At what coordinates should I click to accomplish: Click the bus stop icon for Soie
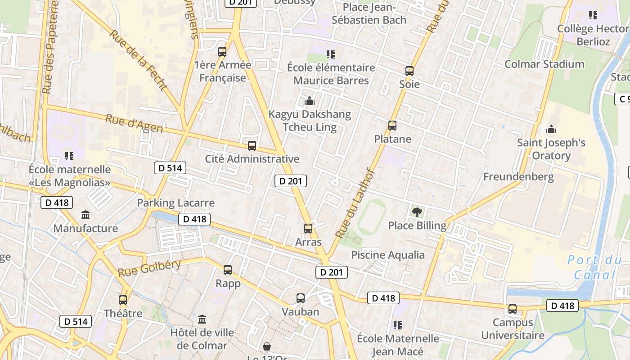pos(409,71)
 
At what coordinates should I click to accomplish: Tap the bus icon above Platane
pos(392,126)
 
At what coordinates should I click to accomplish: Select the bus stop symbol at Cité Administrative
pos(252,146)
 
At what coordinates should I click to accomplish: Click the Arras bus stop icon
pos(308,229)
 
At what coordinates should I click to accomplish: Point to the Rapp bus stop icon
pos(228,270)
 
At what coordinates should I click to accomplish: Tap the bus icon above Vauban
pos(301,298)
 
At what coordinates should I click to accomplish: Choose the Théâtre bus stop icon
pos(123,300)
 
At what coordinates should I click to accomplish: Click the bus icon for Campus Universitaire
pos(513,309)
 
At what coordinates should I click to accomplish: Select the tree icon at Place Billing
pos(417,211)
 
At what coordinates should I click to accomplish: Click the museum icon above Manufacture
pos(85,215)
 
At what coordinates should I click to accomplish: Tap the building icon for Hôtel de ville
pos(202,319)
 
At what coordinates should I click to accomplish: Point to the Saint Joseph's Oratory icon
pos(551,130)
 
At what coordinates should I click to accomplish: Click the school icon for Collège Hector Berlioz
pos(593,16)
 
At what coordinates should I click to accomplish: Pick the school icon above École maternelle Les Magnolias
pos(69,156)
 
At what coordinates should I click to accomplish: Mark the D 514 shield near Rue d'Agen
pos(170,168)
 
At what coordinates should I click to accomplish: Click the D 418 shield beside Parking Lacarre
pos(194,219)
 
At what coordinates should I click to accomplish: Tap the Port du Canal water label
pos(594,267)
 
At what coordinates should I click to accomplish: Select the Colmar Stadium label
pos(544,64)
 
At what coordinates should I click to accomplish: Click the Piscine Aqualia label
pos(388,255)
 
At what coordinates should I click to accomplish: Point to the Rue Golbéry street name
pos(149,268)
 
